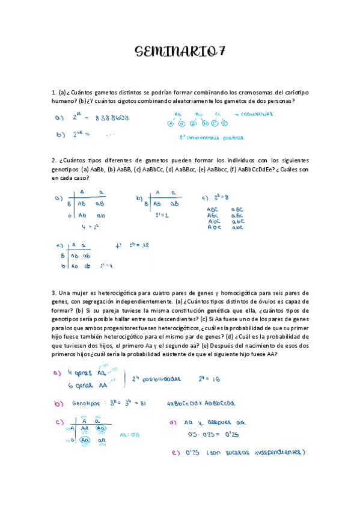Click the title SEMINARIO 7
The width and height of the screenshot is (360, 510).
pos(180,52)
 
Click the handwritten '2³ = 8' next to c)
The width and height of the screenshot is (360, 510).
pos(223,197)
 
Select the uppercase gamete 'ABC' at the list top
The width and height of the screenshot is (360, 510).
pos(213,209)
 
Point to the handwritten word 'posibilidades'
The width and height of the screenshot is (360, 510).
pos(159,380)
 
